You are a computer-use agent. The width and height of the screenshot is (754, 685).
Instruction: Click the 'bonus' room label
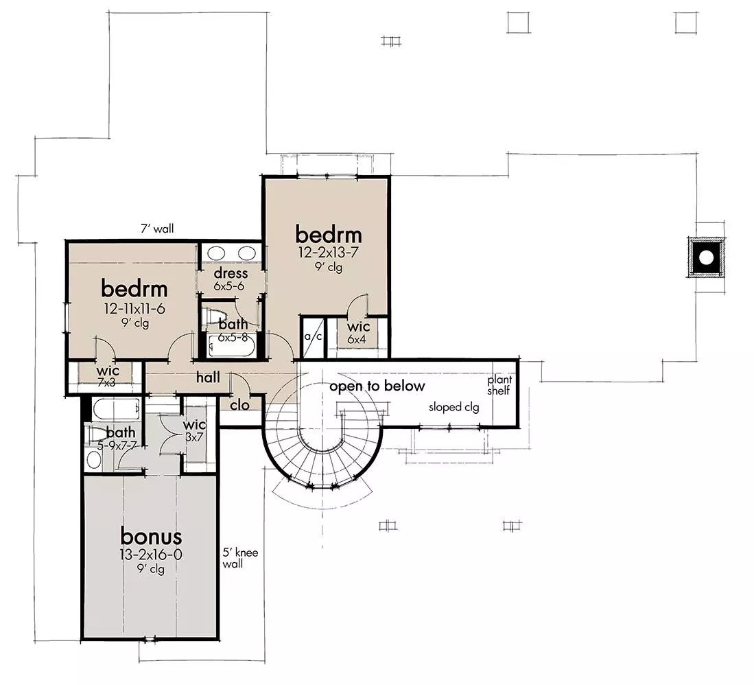(x=151, y=536)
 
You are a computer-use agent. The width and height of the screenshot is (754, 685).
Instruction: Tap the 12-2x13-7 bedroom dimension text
(x=329, y=252)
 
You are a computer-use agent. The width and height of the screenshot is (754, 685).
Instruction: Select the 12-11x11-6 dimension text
(x=134, y=308)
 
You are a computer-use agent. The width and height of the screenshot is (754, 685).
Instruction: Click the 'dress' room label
(x=231, y=273)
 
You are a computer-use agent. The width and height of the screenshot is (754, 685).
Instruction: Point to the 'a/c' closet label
(x=313, y=336)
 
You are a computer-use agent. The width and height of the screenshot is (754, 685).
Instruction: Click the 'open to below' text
(x=377, y=386)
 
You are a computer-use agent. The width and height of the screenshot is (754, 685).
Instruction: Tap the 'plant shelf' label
(x=499, y=385)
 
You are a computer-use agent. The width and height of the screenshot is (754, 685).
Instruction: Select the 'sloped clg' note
(x=454, y=408)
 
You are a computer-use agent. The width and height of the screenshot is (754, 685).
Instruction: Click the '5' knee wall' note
(x=240, y=558)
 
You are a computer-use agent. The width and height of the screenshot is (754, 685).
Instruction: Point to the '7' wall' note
(x=157, y=229)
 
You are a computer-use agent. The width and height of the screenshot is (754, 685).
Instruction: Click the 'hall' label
(x=208, y=377)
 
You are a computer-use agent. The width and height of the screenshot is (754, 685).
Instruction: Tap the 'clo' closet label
(x=239, y=406)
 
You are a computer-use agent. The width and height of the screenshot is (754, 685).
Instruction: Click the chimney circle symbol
(x=706, y=258)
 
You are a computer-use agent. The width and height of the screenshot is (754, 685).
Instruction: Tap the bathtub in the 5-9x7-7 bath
(x=115, y=409)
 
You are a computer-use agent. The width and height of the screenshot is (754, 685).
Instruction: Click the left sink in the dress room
(x=216, y=253)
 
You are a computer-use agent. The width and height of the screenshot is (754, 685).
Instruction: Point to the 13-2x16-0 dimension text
(x=151, y=555)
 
